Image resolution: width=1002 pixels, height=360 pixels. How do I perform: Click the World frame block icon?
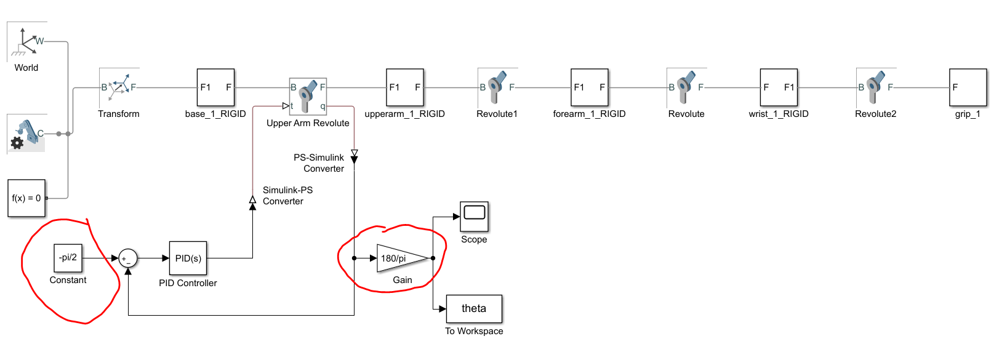click(x=26, y=42)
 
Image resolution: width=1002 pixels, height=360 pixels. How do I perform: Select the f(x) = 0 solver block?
click(x=26, y=198)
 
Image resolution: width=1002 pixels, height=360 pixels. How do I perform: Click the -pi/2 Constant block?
click(x=68, y=258)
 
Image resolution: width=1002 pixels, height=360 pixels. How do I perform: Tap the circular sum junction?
click(x=127, y=258)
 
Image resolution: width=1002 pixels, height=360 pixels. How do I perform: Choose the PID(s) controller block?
click(x=188, y=258)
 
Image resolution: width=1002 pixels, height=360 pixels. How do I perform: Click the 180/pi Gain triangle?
click(x=400, y=258)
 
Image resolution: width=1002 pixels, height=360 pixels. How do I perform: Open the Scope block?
click(x=474, y=216)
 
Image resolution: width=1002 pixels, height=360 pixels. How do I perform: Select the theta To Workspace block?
click(x=474, y=308)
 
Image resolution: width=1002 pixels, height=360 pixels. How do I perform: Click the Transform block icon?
click(x=119, y=87)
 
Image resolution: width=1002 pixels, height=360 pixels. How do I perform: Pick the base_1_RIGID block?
click(x=215, y=87)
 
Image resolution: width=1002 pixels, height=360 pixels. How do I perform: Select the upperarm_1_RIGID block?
click(x=405, y=87)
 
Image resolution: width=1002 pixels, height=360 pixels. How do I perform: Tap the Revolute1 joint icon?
click(x=497, y=87)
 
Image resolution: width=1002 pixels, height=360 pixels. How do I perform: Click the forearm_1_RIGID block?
click(x=590, y=87)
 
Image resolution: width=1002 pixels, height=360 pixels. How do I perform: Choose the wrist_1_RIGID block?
click(x=779, y=87)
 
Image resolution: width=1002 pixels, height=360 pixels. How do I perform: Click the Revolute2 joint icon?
click(x=876, y=87)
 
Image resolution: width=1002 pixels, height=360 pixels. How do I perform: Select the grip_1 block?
click(x=968, y=87)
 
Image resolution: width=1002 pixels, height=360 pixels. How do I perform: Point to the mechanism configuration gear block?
click(x=26, y=134)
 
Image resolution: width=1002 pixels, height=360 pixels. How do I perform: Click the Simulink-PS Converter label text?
click(x=287, y=196)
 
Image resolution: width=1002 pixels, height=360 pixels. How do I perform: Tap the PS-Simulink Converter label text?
click(x=319, y=163)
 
